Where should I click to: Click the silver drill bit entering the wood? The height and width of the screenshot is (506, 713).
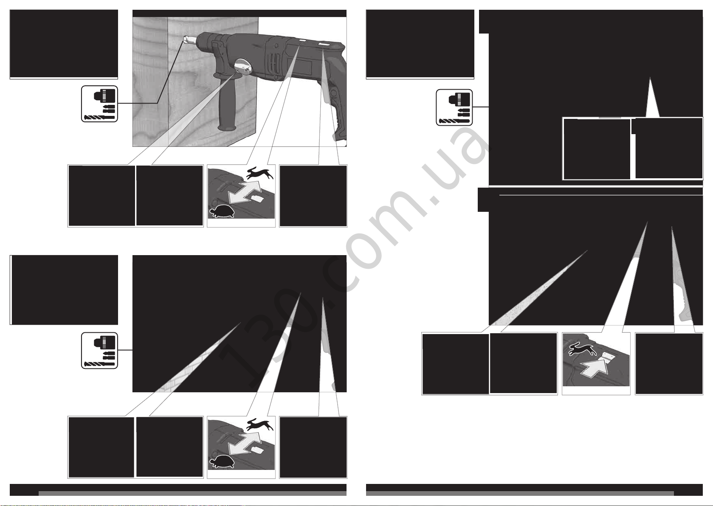[x=190, y=40]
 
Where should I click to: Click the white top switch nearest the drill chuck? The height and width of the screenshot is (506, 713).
[x=302, y=41]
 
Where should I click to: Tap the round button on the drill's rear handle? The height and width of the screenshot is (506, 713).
[x=333, y=93]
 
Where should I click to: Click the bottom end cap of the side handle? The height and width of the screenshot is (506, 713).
[x=227, y=128]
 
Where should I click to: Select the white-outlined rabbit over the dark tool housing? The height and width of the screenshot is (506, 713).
[x=583, y=349]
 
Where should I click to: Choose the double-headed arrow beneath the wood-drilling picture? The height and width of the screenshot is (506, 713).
[x=245, y=192]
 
